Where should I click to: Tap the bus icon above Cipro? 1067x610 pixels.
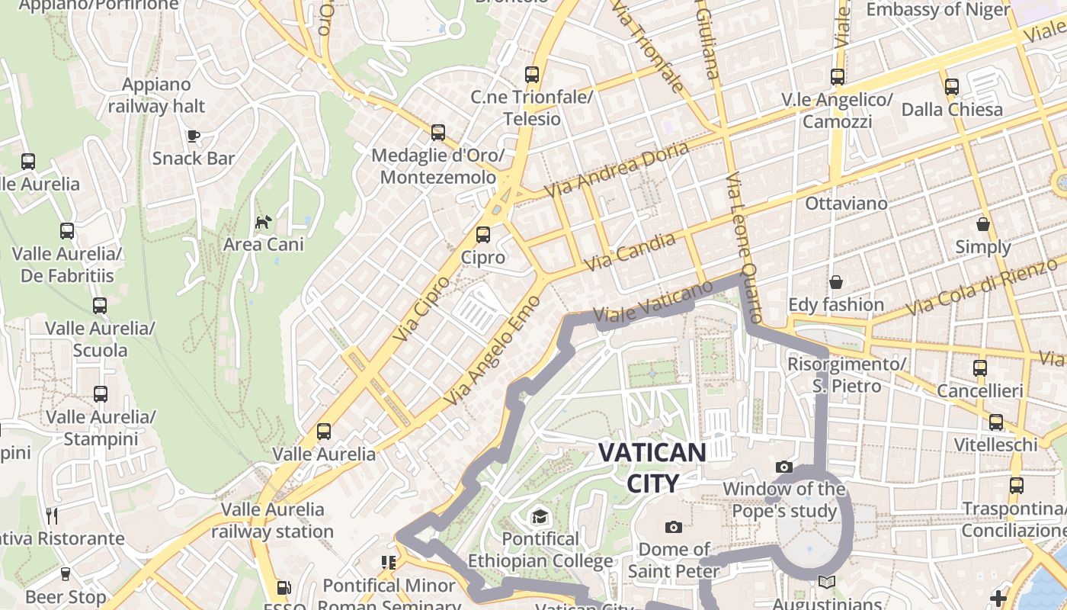[483, 235]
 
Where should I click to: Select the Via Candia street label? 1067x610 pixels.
[630, 252]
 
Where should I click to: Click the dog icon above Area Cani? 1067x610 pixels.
[263, 223]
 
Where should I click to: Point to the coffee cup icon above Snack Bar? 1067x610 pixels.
[194, 136]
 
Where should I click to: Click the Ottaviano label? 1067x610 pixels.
[846, 204]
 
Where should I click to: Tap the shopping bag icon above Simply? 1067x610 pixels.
[983, 225]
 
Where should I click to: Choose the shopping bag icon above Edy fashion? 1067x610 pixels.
[836, 282]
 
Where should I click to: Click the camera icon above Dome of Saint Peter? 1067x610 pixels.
[673, 527]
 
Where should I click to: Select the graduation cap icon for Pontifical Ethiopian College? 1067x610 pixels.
[540, 516]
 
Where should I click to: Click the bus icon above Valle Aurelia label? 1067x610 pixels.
[324, 432]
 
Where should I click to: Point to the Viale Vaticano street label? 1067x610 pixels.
[652, 303]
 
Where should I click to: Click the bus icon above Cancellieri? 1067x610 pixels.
[980, 368]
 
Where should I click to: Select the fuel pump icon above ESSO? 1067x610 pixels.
[284, 588]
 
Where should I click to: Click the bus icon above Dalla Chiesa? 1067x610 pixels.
[952, 87]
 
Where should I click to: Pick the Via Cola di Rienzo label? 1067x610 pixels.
[983, 288]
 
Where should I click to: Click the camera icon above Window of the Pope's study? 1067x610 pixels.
[783, 467]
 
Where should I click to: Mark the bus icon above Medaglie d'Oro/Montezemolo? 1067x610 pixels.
[438, 133]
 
